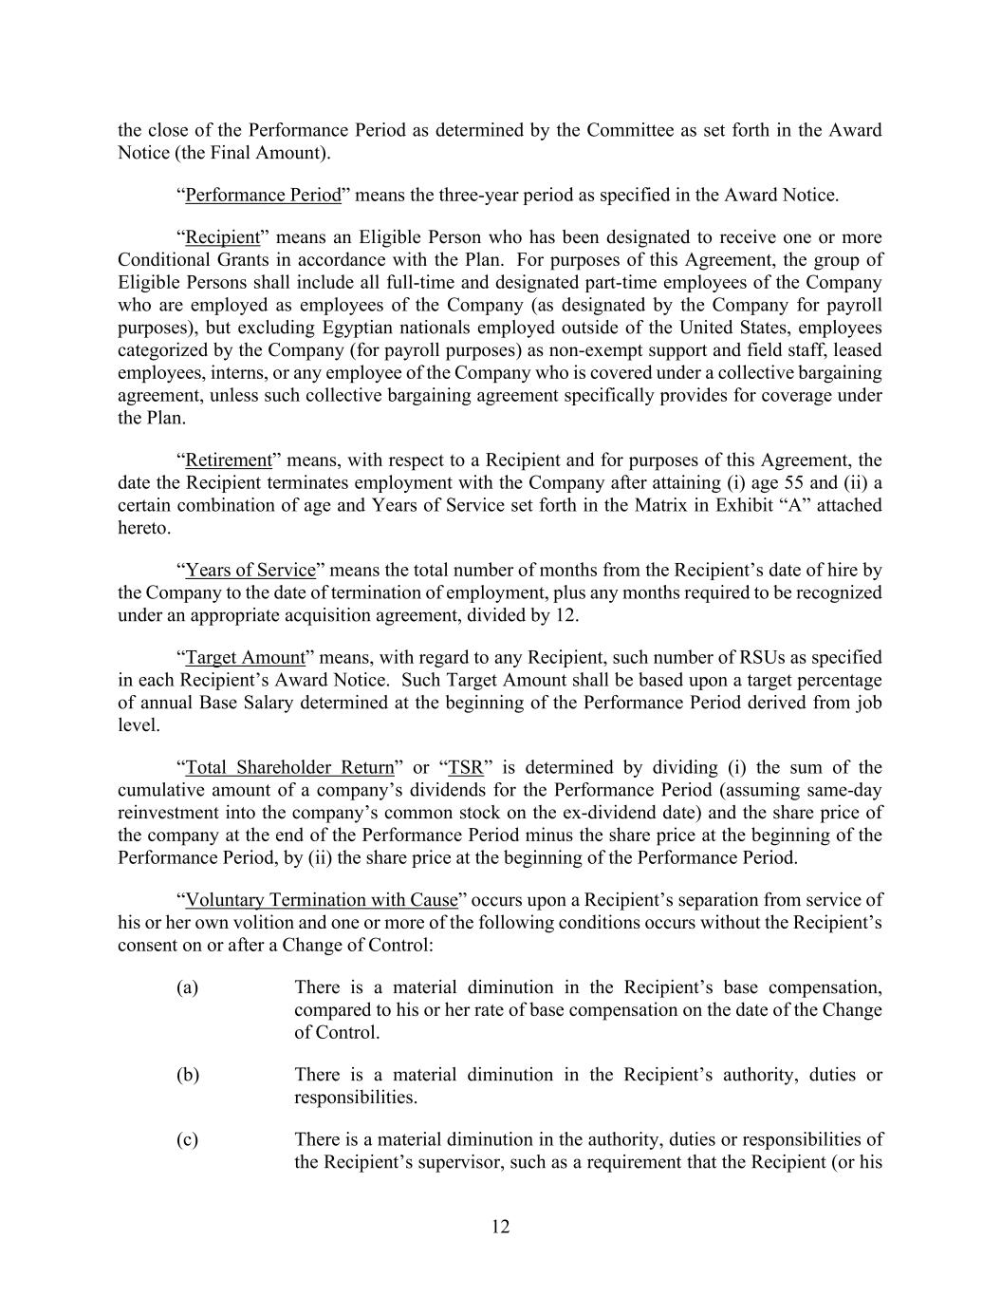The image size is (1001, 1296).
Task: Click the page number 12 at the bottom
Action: coord(501,1227)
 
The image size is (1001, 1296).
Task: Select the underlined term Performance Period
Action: coord(263,196)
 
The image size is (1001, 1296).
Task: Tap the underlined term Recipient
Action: coord(223,237)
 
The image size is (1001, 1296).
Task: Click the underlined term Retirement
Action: coord(229,460)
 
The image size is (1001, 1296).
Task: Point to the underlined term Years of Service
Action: coord(250,571)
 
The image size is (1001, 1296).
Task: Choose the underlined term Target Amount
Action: coord(245,658)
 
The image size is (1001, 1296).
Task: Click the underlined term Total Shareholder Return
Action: coord(289,768)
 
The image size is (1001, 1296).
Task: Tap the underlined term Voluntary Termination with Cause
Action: coord(322,900)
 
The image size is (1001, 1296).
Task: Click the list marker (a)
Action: coord(187,987)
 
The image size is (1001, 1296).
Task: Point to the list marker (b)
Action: coord(188,1076)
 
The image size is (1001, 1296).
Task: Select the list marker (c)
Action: coord(187,1140)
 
